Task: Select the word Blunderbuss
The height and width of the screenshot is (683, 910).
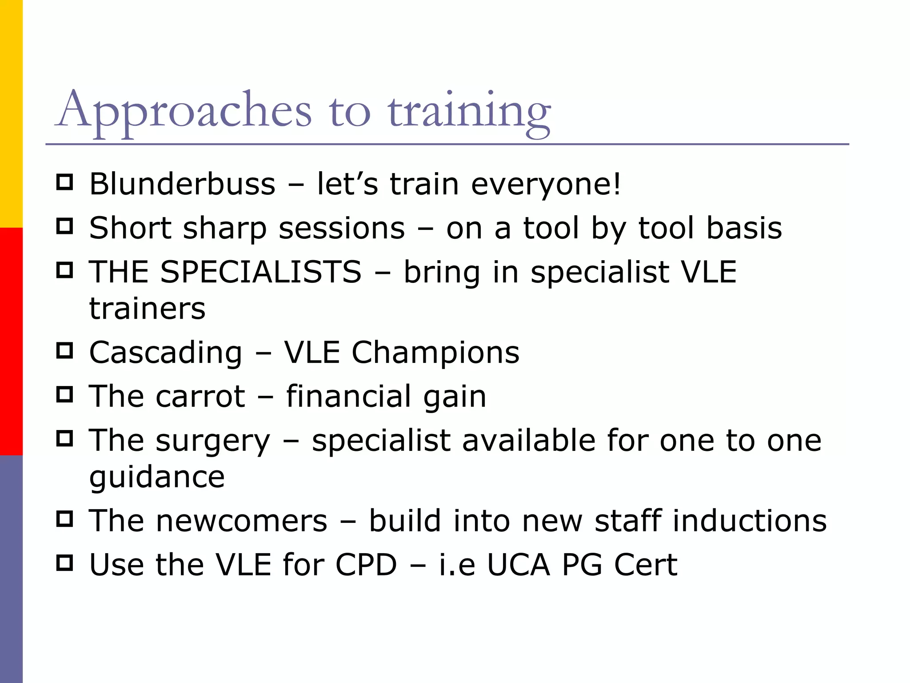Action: click(x=182, y=184)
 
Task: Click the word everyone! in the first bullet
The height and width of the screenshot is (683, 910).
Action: click(x=546, y=185)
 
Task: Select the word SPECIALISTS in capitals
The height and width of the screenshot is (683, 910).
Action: click(x=261, y=272)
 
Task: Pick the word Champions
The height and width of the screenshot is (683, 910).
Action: click(x=435, y=353)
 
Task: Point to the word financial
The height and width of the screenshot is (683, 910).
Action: click(x=348, y=396)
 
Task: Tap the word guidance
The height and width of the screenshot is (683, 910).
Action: click(x=157, y=478)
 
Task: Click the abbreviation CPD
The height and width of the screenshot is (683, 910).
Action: click(x=366, y=565)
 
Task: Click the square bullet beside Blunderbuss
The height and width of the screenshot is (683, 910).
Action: click(x=65, y=182)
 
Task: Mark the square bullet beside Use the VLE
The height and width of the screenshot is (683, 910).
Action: click(x=65, y=563)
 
